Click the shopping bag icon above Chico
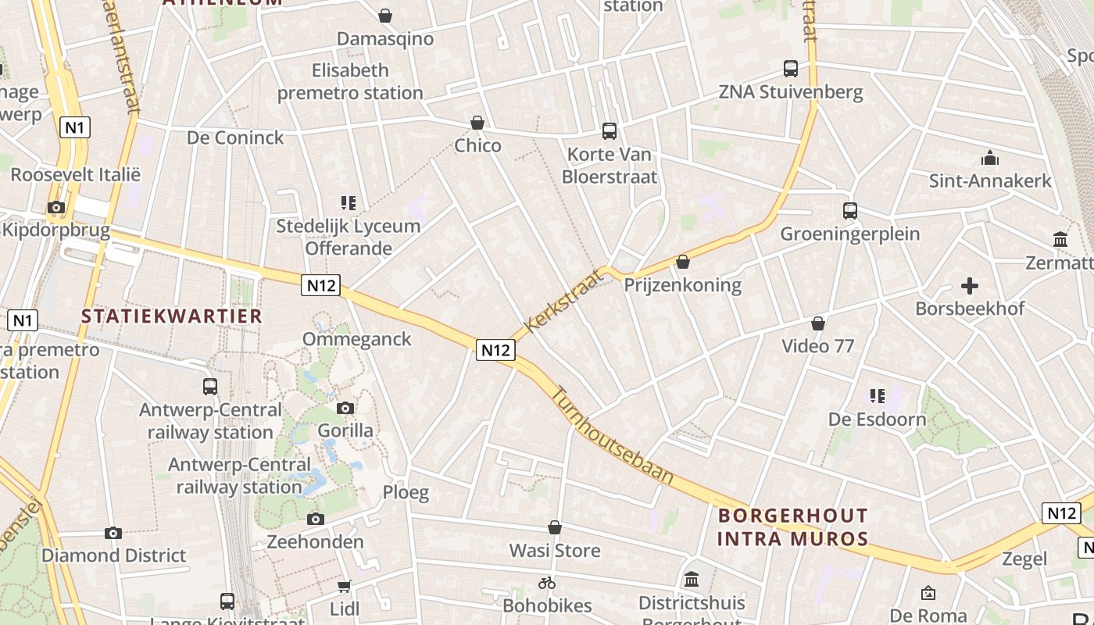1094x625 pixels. pyautogui.click(x=477, y=123)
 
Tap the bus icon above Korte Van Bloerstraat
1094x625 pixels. pyautogui.click(x=609, y=131)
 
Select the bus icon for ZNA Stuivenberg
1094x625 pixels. pyautogui.click(x=791, y=69)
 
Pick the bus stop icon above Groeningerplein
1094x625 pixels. pyautogui.click(x=850, y=211)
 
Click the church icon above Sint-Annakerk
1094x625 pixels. pyautogui.click(x=990, y=159)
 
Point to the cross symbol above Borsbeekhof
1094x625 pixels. pyautogui.click(x=970, y=286)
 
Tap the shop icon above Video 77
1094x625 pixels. pyautogui.click(x=818, y=323)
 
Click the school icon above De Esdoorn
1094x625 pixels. pyautogui.click(x=878, y=397)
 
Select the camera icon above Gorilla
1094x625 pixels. pyautogui.click(x=345, y=408)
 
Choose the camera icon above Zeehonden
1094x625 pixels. pyautogui.click(x=316, y=519)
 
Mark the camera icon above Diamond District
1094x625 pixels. pyautogui.click(x=113, y=533)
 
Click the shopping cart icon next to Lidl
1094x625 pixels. pyautogui.click(x=344, y=586)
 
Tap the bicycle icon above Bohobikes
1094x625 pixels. pyautogui.click(x=547, y=583)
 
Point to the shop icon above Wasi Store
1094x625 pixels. pyautogui.click(x=555, y=528)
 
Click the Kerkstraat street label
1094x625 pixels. pyautogui.click(x=565, y=301)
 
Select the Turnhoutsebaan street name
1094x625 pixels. pyautogui.click(x=613, y=435)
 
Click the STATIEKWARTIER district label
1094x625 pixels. pyautogui.click(x=172, y=316)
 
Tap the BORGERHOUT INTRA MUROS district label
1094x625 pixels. pyautogui.click(x=792, y=527)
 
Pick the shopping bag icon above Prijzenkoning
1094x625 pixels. pyautogui.click(x=683, y=262)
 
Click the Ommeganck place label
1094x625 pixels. pyautogui.click(x=356, y=339)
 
